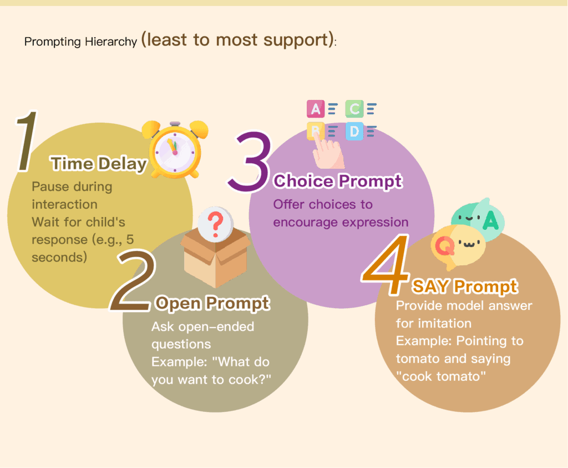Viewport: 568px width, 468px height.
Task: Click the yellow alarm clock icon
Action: [x=175, y=149]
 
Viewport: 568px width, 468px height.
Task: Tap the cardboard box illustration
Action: [x=216, y=258]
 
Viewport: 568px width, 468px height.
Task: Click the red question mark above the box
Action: [x=216, y=222]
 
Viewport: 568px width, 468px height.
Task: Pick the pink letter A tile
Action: [x=316, y=109]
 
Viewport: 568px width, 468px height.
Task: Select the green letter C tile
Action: [x=354, y=109]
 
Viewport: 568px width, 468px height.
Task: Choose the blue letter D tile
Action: [x=354, y=131]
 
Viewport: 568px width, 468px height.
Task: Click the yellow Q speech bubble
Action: [x=458, y=246]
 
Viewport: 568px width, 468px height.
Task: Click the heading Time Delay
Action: [x=99, y=164]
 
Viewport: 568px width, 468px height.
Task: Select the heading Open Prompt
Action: [x=212, y=303]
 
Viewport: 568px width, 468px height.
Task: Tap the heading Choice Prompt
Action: [x=338, y=181]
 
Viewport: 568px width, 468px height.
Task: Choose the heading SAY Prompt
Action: [x=465, y=286]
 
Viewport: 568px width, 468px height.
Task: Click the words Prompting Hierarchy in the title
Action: [x=81, y=42]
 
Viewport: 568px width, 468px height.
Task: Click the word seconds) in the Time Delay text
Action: [x=59, y=258]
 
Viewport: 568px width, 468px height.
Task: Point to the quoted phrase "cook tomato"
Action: [x=440, y=376]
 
